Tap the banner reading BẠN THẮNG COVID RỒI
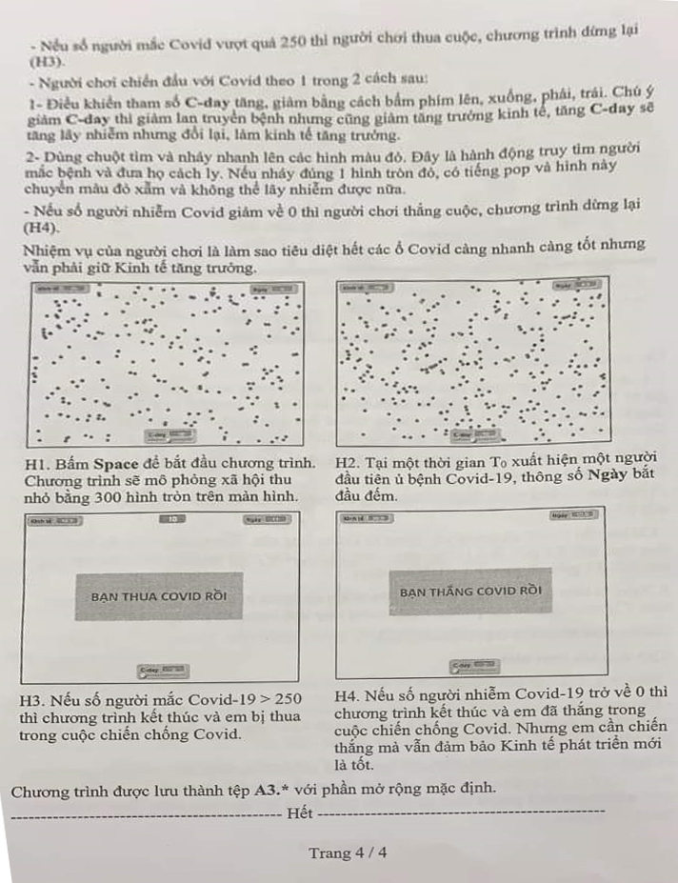pos(470,592)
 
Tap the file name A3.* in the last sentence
pos(273,790)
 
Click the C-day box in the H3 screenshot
pos(162,670)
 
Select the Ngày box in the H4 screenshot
pos(575,515)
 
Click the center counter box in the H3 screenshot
pos(171,519)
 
